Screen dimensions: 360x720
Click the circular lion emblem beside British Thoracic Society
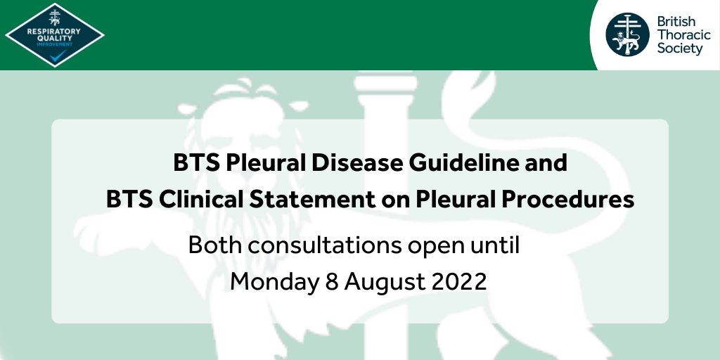point(629,34)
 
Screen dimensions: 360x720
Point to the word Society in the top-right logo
point(679,49)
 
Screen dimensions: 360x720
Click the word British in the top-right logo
point(676,22)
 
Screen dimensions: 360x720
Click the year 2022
point(457,281)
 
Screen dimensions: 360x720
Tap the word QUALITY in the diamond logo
point(54,38)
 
